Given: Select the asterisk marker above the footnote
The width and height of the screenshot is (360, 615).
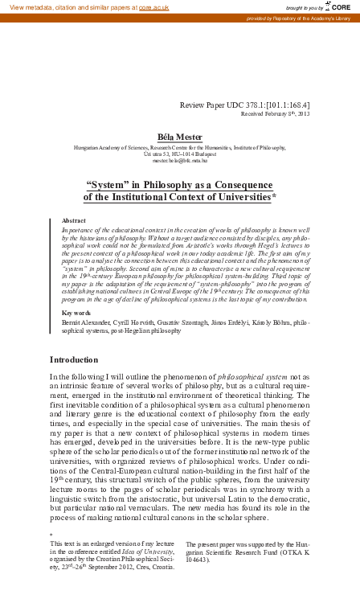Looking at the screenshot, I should coord(51,535).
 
